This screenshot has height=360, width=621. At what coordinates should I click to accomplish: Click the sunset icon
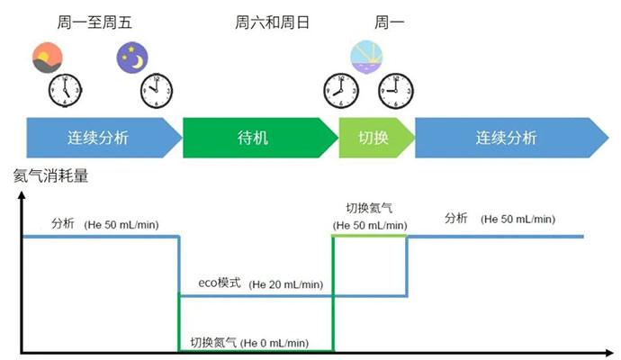point(46,58)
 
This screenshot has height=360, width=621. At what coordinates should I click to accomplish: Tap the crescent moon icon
point(131,58)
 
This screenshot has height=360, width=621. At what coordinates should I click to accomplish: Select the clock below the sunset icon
point(65,91)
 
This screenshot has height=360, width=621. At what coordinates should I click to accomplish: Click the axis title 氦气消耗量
point(51,176)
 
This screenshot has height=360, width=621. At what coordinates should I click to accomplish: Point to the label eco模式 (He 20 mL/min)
point(260,283)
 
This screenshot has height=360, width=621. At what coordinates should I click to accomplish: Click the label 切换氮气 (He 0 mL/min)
point(249,342)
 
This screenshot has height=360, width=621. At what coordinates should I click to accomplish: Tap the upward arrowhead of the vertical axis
point(22,197)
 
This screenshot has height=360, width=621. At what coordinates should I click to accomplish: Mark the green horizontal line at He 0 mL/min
point(256,350)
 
